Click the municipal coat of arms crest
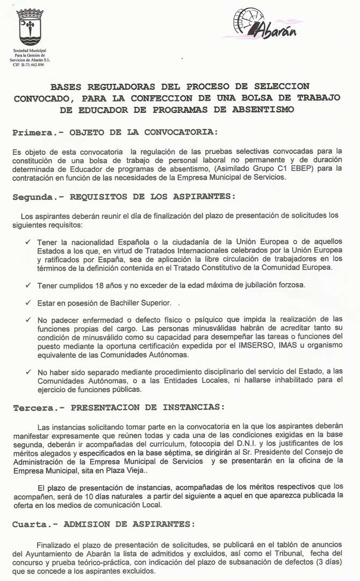click(30, 26)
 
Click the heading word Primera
click(33, 132)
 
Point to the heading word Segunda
click(33, 197)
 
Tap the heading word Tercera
click(33, 407)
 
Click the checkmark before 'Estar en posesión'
click(28, 303)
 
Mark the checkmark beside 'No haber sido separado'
click(28, 372)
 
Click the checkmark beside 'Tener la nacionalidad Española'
click(28, 242)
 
